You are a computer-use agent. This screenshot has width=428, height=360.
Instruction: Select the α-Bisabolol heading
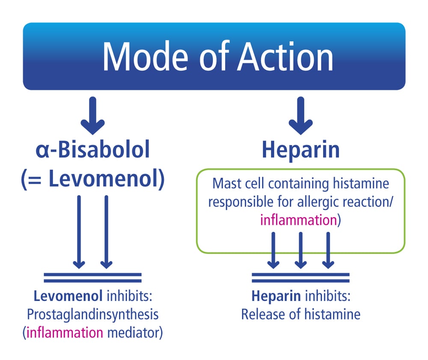click(x=93, y=149)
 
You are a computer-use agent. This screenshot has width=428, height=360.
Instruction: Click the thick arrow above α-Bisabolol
click(x=92, y=116)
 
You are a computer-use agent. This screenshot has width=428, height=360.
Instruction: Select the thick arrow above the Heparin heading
click(x=300, y=116)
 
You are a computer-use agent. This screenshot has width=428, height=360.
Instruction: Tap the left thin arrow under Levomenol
click(x=79, y=232)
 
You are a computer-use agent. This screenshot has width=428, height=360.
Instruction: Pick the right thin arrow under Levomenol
click(x=106, y=232)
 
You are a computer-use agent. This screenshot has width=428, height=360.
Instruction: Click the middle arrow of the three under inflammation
click(x=300, y=250)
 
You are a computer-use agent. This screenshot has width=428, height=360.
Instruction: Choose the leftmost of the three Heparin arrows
click(x=273, y=250)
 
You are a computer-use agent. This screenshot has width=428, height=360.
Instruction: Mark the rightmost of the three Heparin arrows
click(x=328, y=250)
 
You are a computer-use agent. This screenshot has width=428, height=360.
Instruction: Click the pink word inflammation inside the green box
click(x=298, y=220)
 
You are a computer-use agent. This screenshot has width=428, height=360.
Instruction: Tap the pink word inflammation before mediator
click(x=65, y=333)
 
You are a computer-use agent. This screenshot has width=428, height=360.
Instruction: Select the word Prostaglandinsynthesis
click(x=92, y=314)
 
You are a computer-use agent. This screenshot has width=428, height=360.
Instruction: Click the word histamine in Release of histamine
click(x=333, y=314)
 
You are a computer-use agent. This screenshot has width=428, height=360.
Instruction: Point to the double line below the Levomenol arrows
click(x=92, y=277)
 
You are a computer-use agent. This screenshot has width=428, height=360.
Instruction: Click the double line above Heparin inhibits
click(x=300, y=277)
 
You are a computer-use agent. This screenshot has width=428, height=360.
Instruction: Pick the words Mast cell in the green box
click(x=238, y=183)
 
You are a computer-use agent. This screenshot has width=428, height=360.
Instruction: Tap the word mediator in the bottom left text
click(x=135, y=333)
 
